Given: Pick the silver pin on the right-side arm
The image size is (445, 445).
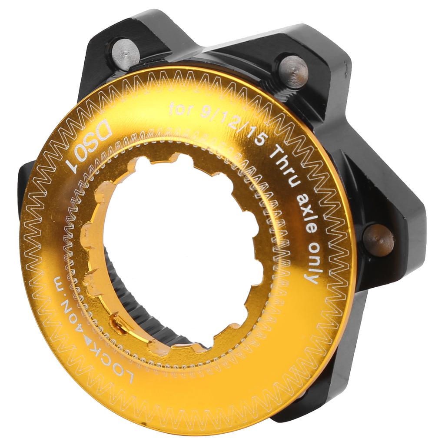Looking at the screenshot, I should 379,239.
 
